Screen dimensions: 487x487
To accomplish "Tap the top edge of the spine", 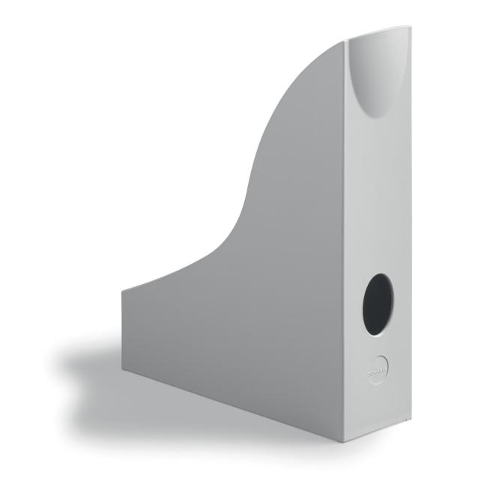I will click(x=378, y=33).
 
